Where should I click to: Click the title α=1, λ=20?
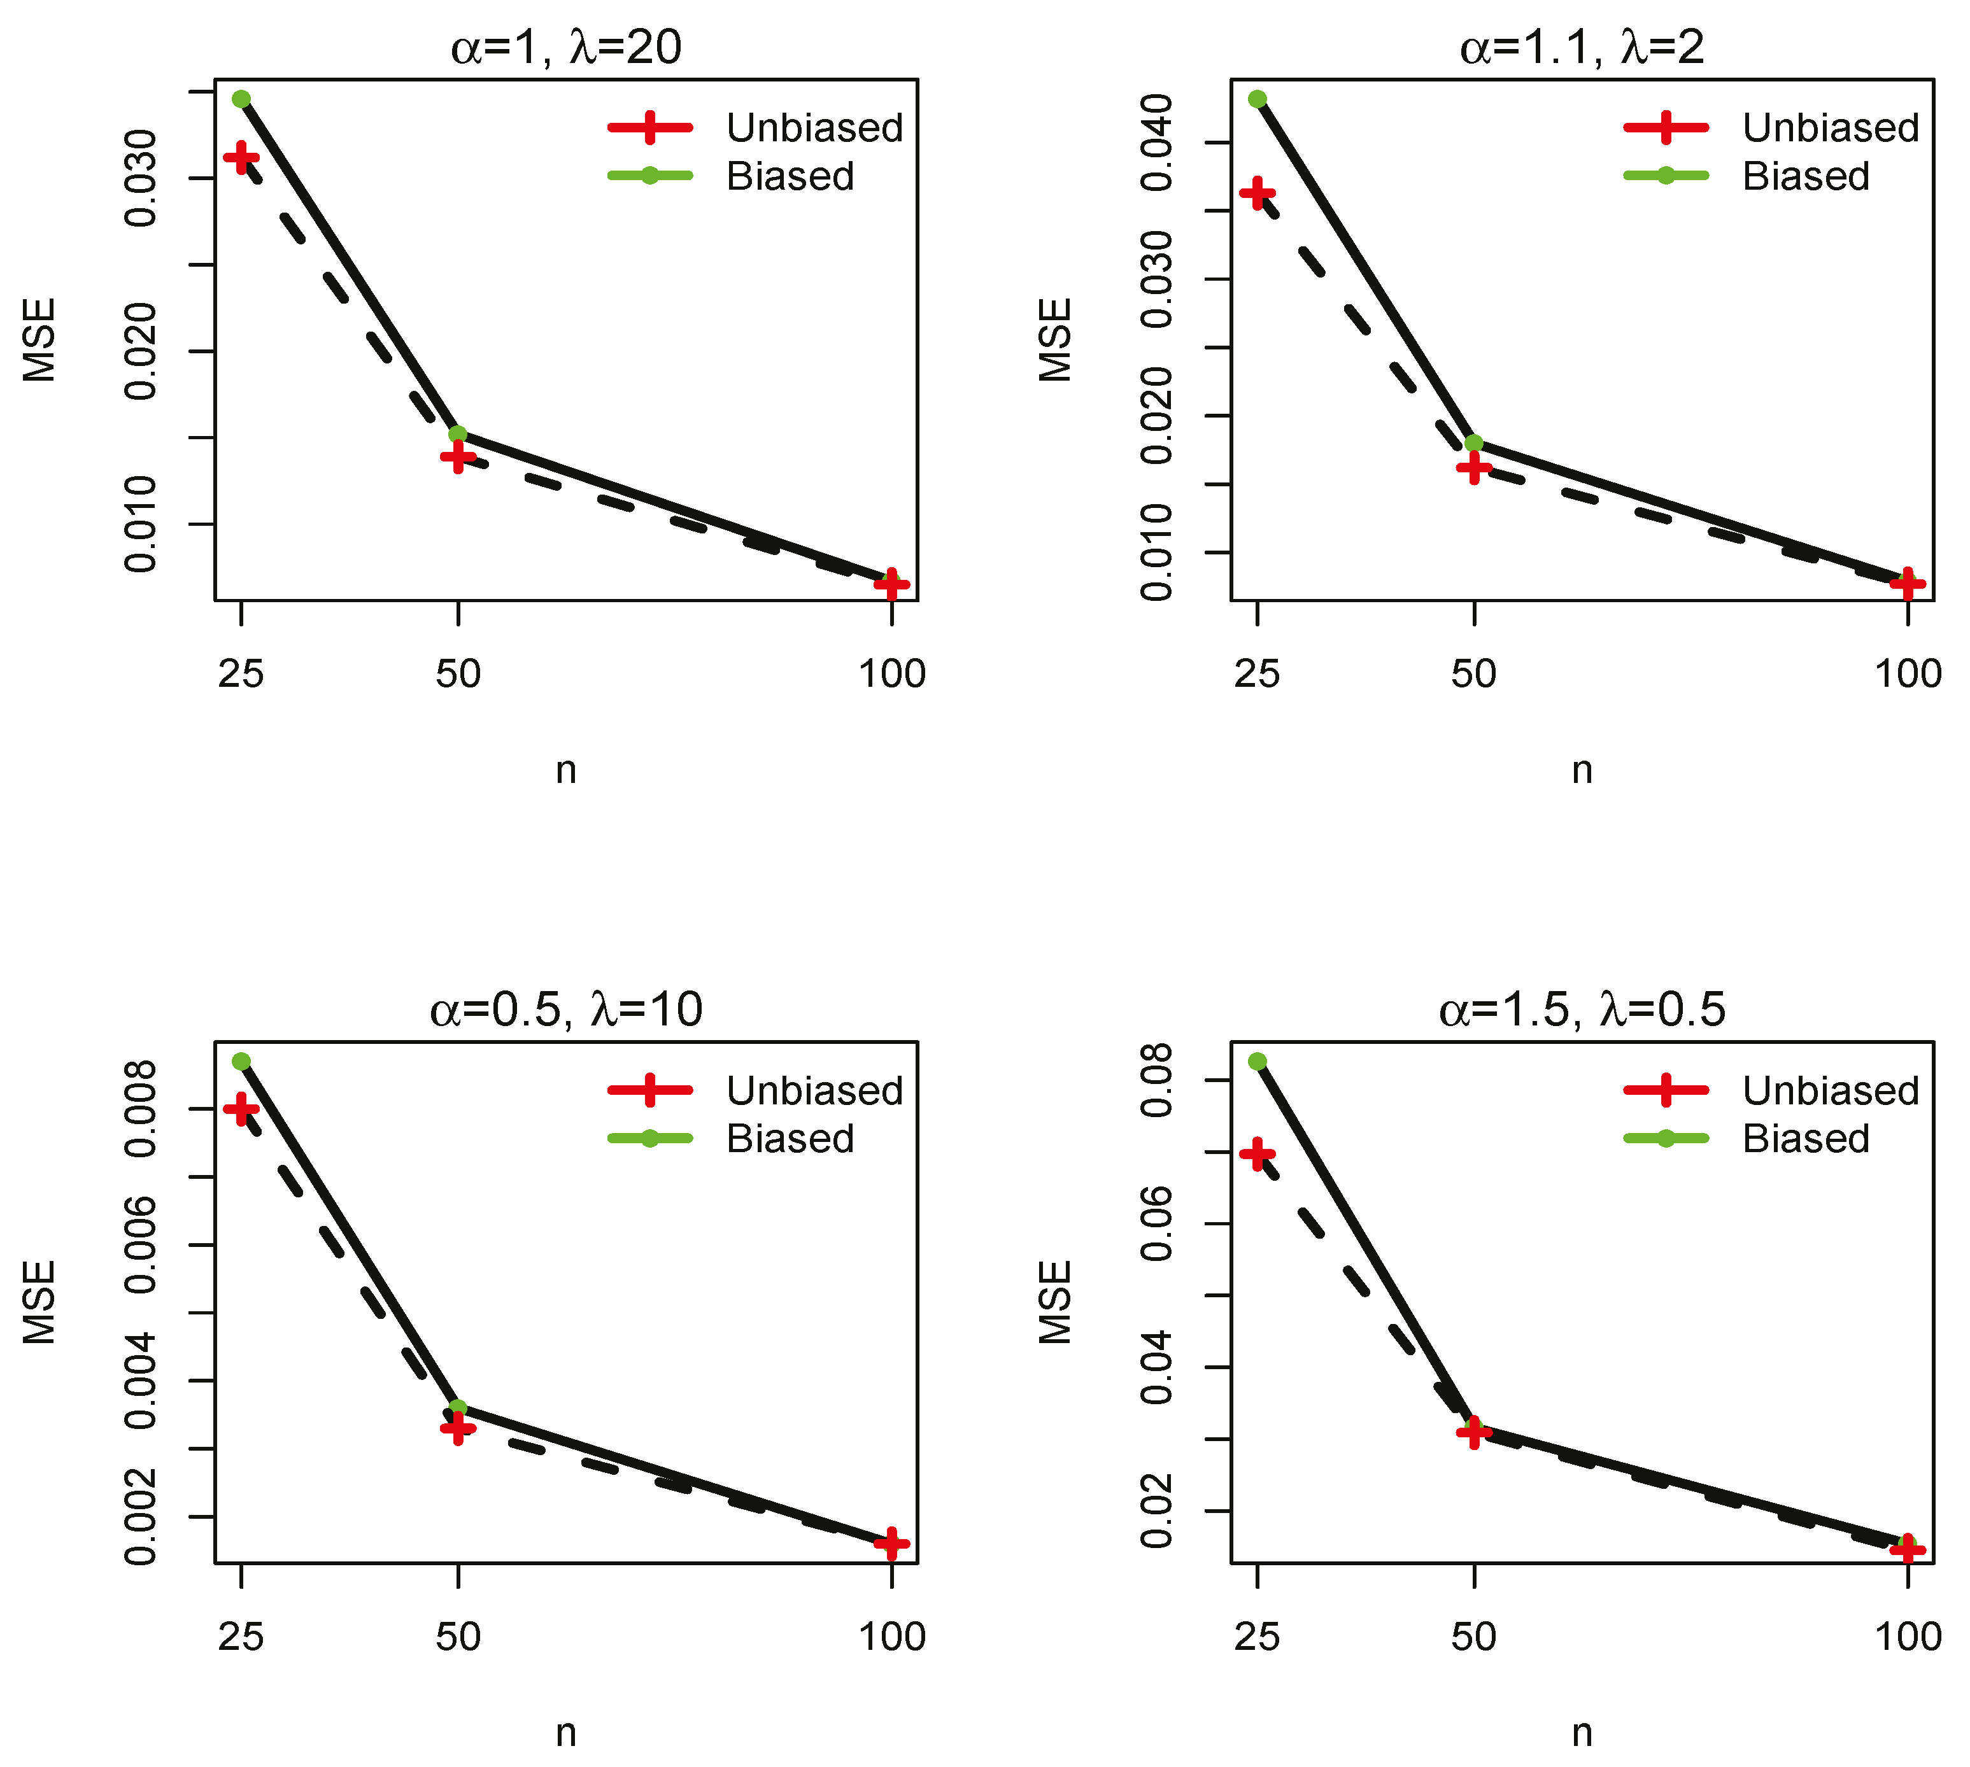566,46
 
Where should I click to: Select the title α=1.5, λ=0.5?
1582,1010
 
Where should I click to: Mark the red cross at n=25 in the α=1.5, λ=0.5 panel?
1258,1155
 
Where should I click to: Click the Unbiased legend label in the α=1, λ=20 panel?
814,127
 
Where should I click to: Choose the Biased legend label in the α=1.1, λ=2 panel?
1805,176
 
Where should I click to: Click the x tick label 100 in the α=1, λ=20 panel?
891,674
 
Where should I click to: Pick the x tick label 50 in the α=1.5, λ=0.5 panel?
1474,1637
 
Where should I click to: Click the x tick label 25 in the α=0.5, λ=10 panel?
241,1637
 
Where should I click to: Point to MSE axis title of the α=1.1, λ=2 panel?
1054,340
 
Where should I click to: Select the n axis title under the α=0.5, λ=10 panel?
566,1732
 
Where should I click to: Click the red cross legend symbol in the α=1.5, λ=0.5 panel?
1665,1090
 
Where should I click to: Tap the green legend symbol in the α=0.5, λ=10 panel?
649,1139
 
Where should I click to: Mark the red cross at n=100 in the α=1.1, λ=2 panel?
1908,584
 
